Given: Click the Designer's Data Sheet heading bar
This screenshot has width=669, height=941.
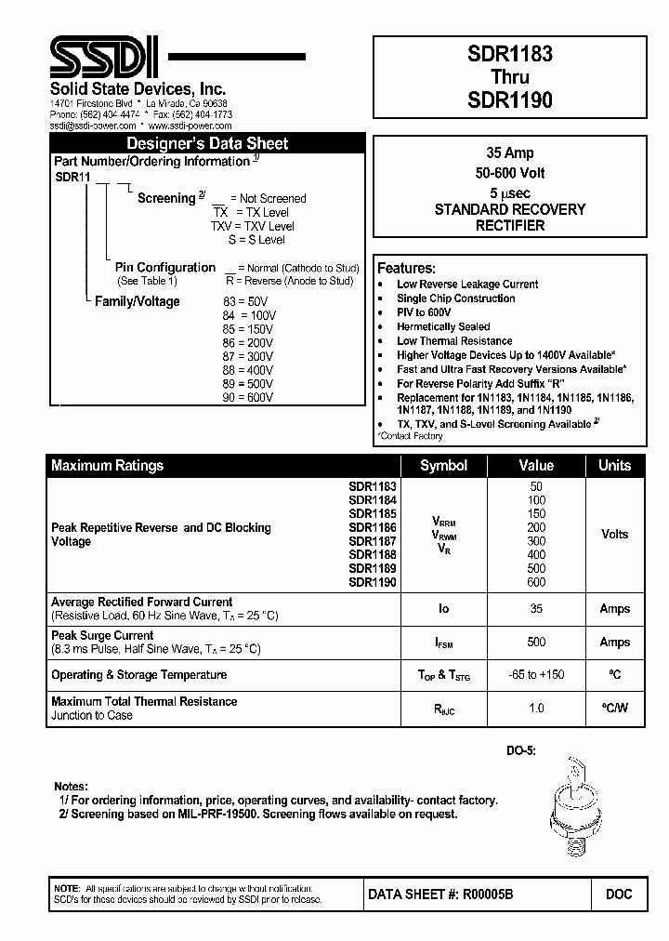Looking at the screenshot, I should (207, 143).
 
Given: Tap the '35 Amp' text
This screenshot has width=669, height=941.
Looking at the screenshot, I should (510, 152).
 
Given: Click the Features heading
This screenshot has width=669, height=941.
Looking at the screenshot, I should (406, 268).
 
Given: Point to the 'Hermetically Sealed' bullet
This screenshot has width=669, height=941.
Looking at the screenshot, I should (443, 326).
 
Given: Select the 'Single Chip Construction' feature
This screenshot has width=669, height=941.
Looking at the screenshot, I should (455, 298).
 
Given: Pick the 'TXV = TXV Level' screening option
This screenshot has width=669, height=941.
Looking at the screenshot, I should (252, 226).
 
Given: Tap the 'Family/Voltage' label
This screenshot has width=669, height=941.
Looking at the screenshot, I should (138, 301).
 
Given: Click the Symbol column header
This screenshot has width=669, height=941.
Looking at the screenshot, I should (443, 465).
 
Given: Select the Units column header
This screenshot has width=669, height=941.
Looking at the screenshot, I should (614, 465).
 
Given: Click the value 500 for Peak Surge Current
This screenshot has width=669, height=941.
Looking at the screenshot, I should (535, 642).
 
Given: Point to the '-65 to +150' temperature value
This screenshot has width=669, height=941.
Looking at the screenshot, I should (535, 675).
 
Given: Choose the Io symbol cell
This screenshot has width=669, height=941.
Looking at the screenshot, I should (443, 609).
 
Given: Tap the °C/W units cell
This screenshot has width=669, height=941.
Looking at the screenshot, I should (614, 709).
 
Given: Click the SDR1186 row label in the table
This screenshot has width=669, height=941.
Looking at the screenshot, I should (373, 527).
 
